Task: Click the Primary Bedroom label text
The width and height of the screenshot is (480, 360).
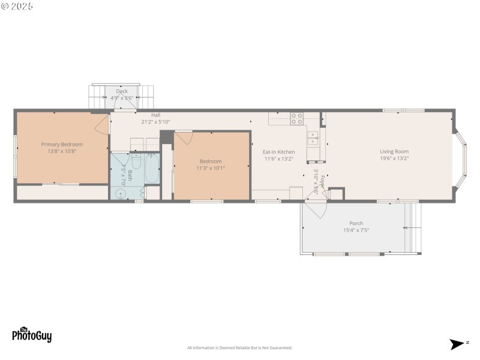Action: (62, 144)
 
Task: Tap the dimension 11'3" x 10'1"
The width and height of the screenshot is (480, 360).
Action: (211, 168)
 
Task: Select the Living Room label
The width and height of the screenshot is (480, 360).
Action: (394, 151)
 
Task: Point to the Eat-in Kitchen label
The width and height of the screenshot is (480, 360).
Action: (279, 152)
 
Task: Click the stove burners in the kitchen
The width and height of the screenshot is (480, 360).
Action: (297, 118)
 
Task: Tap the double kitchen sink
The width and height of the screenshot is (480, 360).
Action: (313, 142)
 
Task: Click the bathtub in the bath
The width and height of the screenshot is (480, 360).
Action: (151, 169)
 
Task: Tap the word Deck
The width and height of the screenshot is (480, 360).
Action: (122, 91)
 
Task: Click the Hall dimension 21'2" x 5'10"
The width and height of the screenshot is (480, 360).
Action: (155, 122)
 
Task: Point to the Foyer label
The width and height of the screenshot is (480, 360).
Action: (322, 181)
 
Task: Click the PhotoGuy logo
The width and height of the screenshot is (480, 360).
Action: (31, 335)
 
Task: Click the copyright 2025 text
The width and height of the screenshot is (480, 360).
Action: (17, 6)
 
